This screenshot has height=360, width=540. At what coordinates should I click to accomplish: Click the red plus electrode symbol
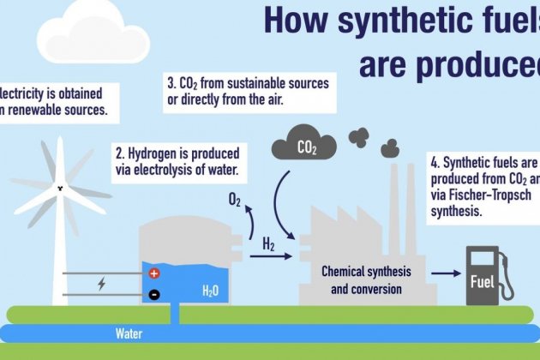coord(154,274)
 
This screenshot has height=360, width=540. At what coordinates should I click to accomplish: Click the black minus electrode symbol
coord(154,294)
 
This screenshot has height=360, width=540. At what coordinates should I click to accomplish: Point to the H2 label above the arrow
coord(267,245)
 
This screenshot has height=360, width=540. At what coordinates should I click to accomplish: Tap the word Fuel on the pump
coord(483,282)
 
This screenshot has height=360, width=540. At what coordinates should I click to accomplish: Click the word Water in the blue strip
coord(130,333)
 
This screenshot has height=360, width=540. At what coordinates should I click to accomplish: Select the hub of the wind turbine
coord(60,188)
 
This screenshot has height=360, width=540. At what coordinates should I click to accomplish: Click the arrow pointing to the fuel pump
coord(444,273)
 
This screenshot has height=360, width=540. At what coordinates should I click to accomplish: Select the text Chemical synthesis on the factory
coord(366,271)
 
